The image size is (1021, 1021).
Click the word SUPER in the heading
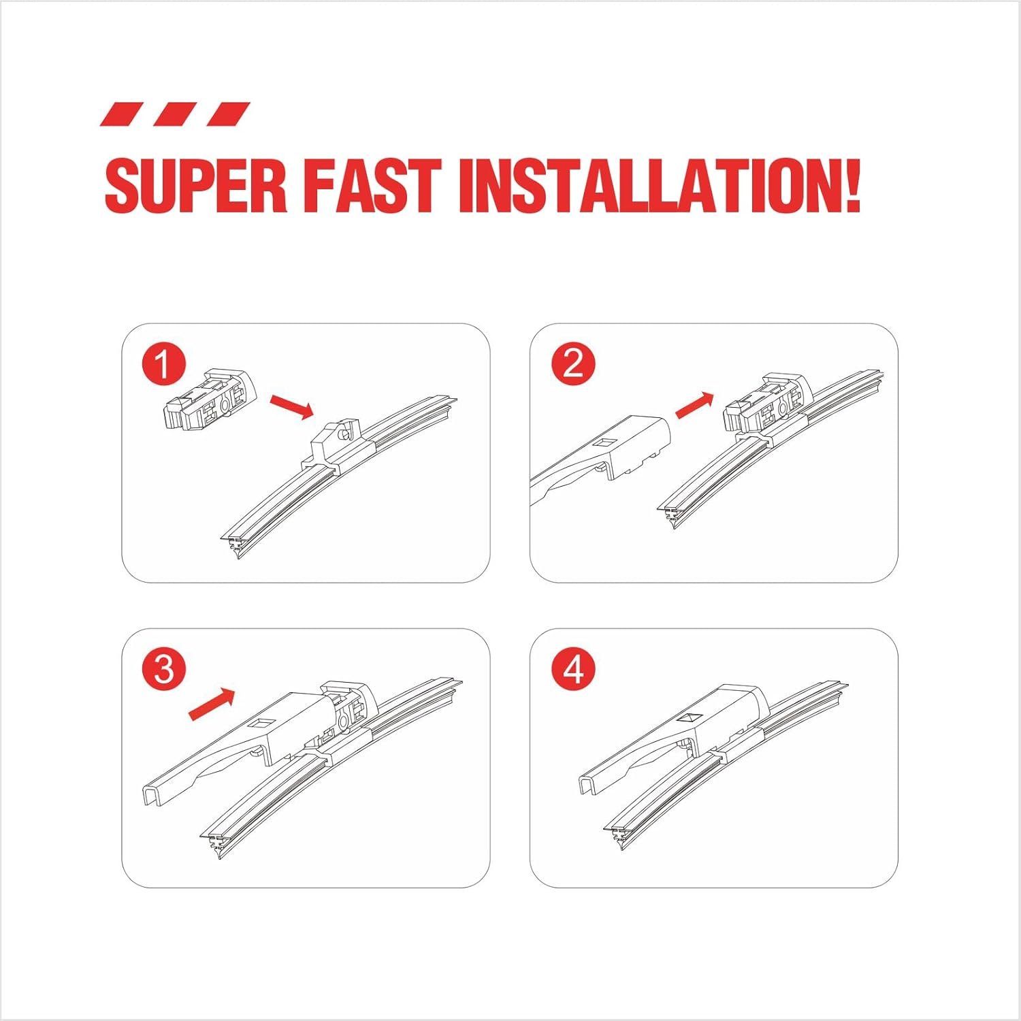[x=195, y=186]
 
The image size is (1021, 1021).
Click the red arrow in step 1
[x=291, y=406]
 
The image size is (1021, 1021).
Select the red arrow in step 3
[x=211, y=704]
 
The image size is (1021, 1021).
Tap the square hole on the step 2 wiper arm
[x=603, y=443]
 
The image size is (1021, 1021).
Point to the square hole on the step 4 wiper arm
[x=690, y=718]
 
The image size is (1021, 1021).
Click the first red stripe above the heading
[x=122, y=114]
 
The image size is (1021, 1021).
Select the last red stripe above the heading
[x=229, y=114]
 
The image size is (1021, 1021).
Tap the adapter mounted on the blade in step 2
[x=768, y=404]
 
